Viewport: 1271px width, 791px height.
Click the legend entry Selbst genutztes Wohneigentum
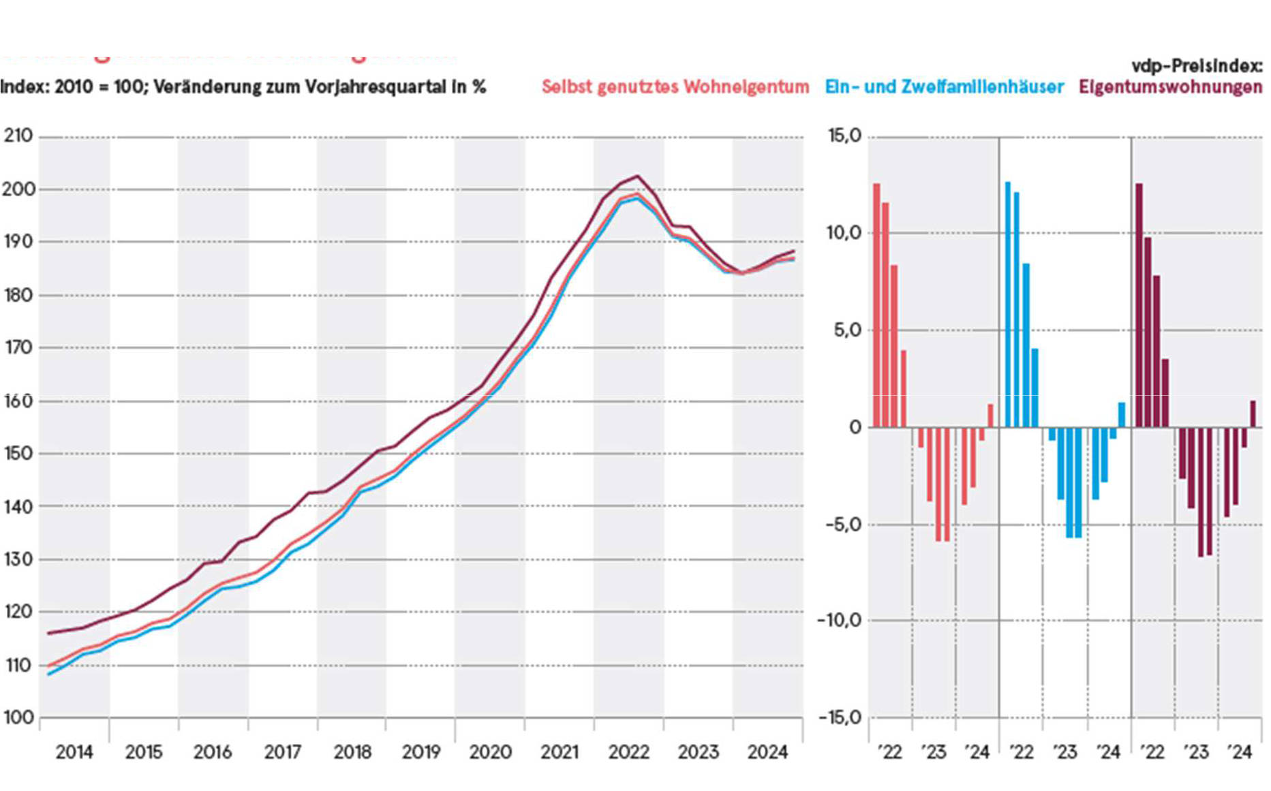(x=675, y=87)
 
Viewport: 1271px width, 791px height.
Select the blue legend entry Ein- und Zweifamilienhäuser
(x=944, y=87)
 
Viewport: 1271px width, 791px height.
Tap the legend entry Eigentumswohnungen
(x=1170, y=87)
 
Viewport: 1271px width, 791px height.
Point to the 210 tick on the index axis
(x=18, y=136)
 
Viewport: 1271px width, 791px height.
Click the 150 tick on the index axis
(x=18, y=453)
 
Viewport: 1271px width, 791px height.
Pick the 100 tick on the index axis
(x=18, y=717)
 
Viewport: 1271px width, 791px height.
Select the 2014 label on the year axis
(x=74, y=752)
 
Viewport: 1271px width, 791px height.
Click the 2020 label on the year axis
(x=490, y=752)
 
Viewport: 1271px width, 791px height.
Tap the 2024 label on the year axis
(x=767, y=752)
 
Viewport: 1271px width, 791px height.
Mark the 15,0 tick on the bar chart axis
(x=844, y=136)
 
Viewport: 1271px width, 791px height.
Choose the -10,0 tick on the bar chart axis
(x=840, y=620)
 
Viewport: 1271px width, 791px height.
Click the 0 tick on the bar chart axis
(x=855, y=427)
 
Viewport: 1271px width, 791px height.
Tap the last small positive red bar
(x=990, y=416)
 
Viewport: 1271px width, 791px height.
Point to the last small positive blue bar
(x=1122, y=415)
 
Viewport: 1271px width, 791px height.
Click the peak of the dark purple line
(x=637, y=176)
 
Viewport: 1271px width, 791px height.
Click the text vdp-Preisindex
(x=1197, y=66)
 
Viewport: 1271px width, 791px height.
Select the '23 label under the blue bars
(x=1065, y=752)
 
